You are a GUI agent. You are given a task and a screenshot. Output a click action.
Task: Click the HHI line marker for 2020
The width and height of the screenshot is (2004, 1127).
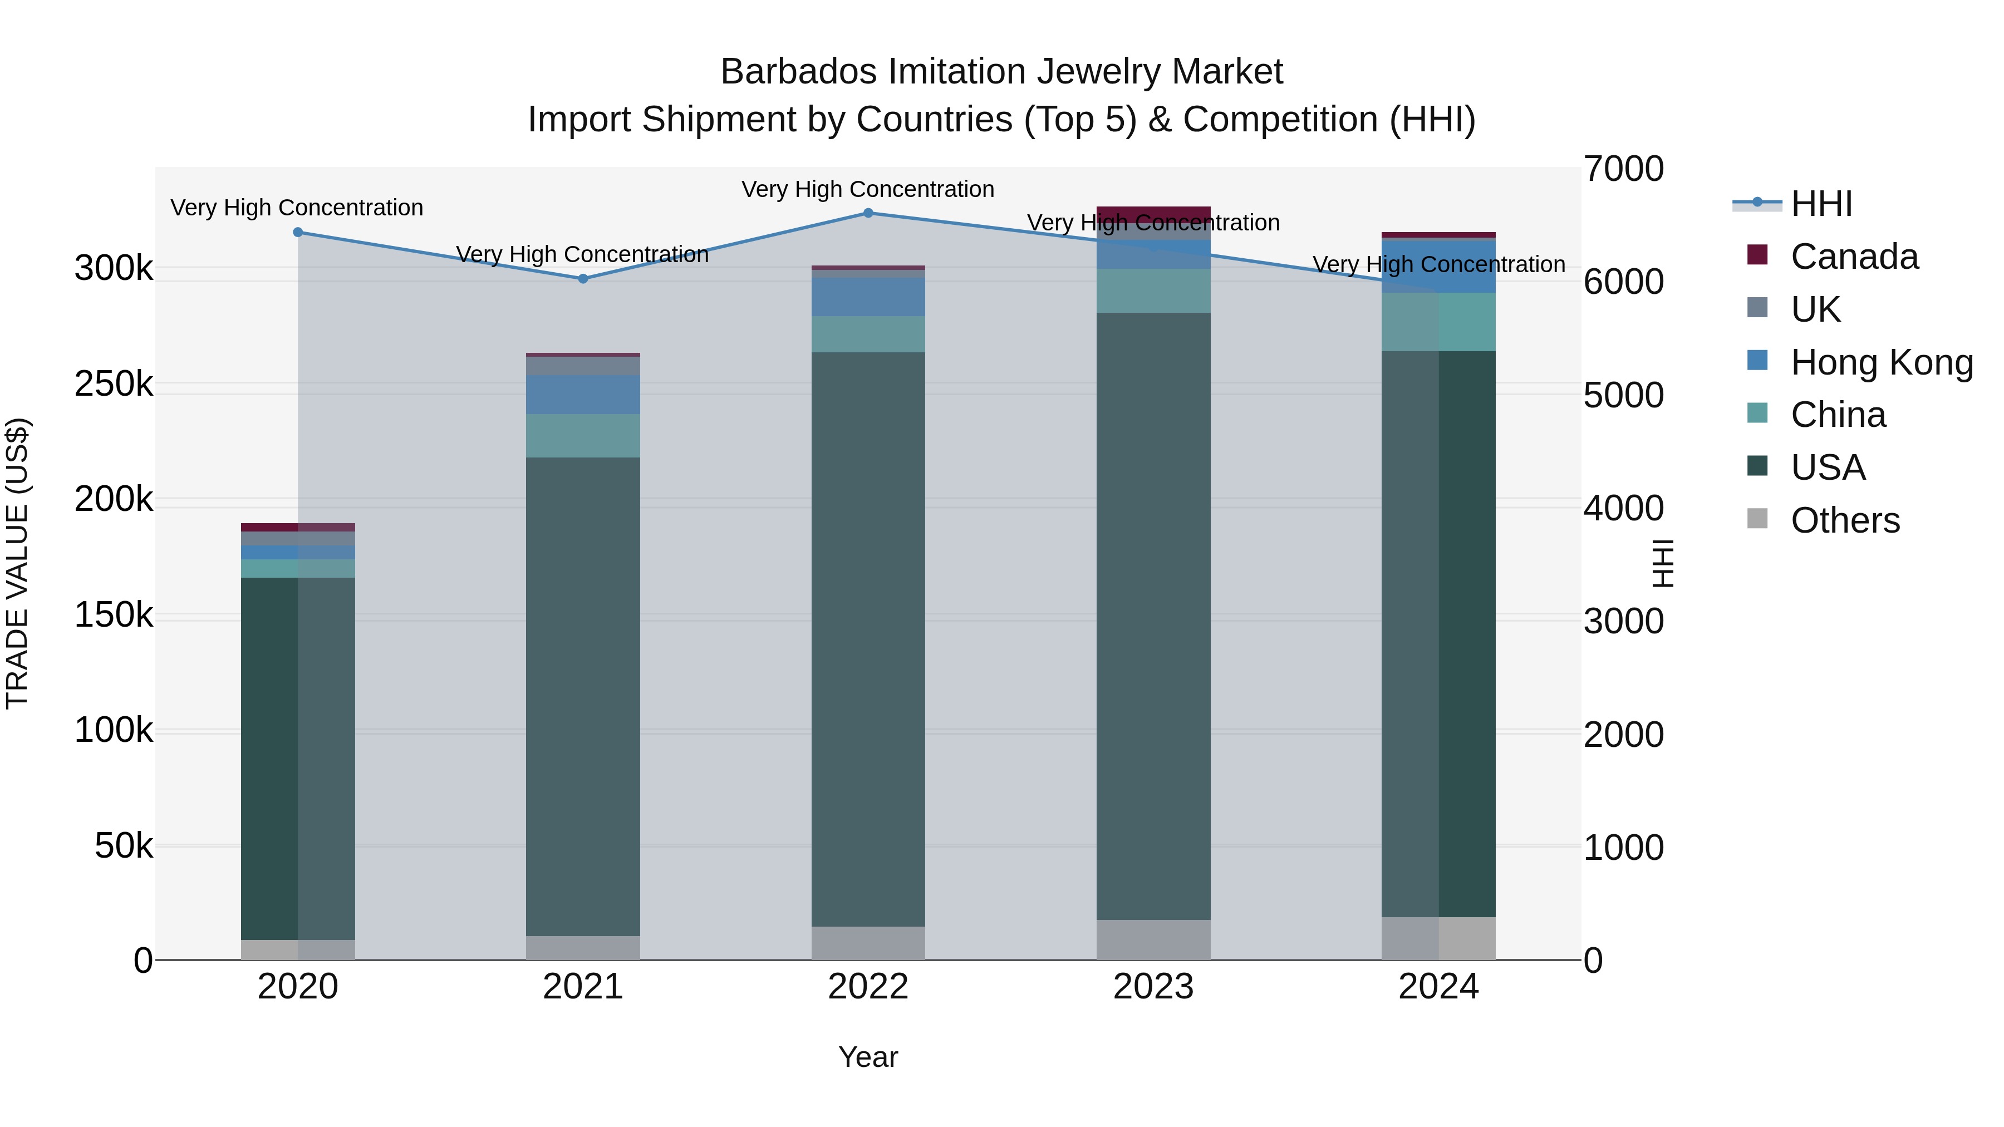(298, 232)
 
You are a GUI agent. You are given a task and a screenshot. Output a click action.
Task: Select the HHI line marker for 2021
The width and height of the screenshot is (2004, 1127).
(583, 278)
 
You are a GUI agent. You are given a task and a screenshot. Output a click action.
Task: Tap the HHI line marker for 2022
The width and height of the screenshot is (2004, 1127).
(868, 213)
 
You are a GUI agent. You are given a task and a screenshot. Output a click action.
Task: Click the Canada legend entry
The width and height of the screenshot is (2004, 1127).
(1854, 257)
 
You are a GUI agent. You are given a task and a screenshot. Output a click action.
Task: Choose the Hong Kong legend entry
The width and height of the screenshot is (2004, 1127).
(1881, 362)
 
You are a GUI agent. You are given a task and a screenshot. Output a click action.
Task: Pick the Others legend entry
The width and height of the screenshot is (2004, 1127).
(1845, 520)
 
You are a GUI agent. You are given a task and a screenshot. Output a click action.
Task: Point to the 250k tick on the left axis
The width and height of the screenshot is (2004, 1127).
(114, 384)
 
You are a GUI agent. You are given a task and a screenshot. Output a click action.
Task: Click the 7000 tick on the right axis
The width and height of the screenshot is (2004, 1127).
(1624, 169)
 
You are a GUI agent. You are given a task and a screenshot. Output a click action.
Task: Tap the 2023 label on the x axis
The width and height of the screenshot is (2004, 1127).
(1153, 987)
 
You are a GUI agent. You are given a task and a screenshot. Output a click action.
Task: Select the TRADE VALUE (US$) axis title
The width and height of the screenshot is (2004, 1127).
(17, 563)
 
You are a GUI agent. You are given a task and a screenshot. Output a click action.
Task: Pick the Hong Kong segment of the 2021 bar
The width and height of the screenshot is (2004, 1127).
(583, 395)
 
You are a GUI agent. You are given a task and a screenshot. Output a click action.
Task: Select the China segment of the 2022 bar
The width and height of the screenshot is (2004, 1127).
(868, 334)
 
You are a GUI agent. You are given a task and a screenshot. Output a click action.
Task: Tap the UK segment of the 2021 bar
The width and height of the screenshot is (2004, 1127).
(583, 366)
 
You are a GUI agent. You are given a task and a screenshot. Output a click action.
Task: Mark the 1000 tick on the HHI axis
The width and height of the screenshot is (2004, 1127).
(1624, 848)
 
